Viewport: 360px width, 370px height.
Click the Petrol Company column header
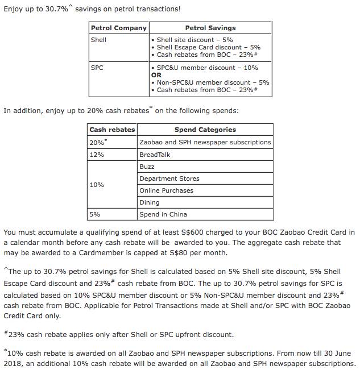tap(118, 28)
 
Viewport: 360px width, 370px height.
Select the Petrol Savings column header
tap(210, 28)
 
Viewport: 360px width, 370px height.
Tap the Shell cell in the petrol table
tap(98, 40)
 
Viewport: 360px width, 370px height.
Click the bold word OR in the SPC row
tap(156, 75)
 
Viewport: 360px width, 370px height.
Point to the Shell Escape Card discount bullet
tap(208, 47)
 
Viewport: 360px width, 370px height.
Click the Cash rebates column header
tap(112, 130)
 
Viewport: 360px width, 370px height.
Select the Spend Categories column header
tap(205, 130)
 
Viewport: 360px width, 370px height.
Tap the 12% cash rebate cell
tap(97, 155)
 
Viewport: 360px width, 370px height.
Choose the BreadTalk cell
tap(155, 155)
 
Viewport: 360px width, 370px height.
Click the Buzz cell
tap(147, 167)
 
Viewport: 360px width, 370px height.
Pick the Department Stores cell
tap(169, 178)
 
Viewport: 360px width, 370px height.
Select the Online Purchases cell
tap(166, 190)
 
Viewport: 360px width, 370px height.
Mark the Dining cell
tap(149, 202)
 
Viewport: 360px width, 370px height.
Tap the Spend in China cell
tap(163, 214)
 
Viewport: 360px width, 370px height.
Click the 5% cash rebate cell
tap(94, 214)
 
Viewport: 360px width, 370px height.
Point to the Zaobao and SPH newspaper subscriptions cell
tap(205, 142)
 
